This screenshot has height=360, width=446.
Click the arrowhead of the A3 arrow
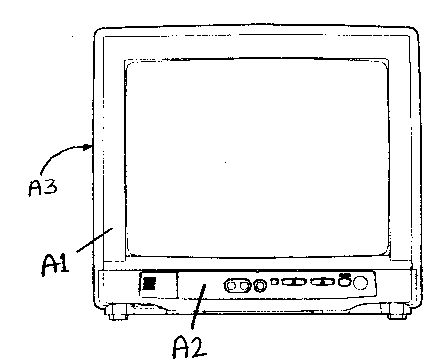91,147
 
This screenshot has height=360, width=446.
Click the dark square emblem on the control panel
151,284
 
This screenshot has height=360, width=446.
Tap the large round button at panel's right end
361,284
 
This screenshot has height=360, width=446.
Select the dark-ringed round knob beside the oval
261,286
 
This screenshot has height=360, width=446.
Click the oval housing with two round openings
240,286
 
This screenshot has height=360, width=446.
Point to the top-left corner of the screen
128,62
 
